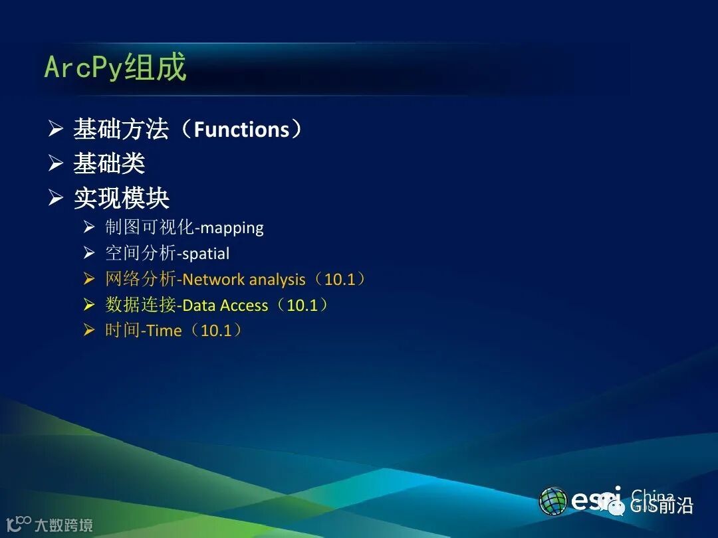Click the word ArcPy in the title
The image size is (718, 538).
click(83, 68)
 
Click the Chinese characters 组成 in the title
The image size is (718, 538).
click(155, 67)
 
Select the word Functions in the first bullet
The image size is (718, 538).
click(241, 129)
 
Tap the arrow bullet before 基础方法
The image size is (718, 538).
click(55, 129)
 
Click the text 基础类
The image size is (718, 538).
click(109, 163)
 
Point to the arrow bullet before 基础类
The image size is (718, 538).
click(55, 163)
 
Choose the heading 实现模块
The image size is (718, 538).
click(122, 198)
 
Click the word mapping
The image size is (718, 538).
click(232, 228)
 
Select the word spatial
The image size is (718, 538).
click(206, 254)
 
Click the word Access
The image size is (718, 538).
click(243, 305)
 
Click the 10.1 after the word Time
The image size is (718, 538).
click(216, 330)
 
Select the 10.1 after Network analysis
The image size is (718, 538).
click(340, 279)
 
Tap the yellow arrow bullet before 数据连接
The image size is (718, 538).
click(89, 304)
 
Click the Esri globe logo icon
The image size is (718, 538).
click(552, 501)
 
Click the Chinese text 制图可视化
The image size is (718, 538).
click(150, 227)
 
